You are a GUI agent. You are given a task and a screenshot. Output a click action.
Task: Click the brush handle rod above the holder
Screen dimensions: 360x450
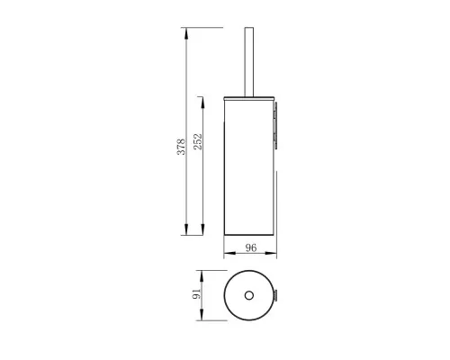click(x=247, y=58)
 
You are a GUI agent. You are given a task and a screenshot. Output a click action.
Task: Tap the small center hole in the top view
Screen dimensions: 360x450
click(x=247, y=294)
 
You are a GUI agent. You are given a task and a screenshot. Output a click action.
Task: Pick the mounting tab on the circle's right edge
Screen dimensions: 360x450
click(x=276, y=294)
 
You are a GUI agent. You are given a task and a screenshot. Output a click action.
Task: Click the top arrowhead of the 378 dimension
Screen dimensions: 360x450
click(x=185, y=33)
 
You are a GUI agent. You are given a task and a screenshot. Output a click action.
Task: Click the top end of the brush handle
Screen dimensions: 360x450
click(x=247, y=30)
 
